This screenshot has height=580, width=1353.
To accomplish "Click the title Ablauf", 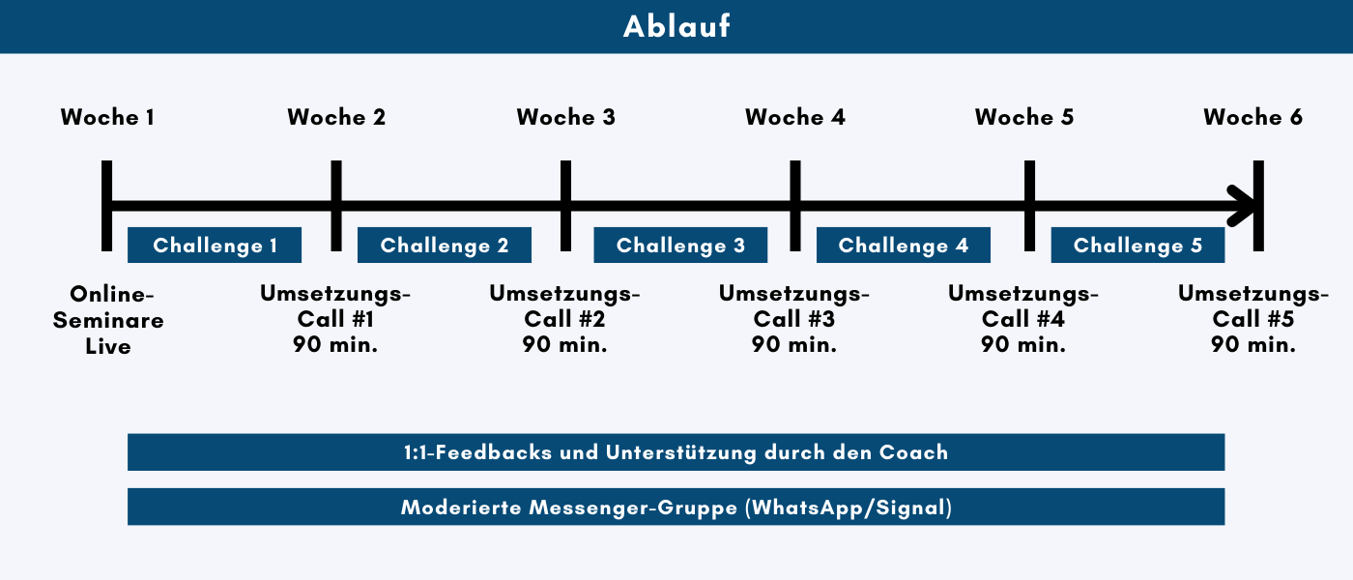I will pos(676,26).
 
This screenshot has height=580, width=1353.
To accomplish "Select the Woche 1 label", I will pos(107,118).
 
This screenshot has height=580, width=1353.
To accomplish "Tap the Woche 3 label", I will pos(565,118).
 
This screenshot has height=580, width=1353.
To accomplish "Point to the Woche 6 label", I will pos(1252,118).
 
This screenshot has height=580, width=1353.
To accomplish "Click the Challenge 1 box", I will pos(215,246).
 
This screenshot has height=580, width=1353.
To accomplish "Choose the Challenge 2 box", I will pos(445,246).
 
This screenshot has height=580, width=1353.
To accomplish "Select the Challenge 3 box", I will pos(680,246).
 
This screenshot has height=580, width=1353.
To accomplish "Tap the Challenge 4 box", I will pos(904,246).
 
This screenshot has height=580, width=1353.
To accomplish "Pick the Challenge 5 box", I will pos(1137,246).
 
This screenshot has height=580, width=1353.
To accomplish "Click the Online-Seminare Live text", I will pos(107,320).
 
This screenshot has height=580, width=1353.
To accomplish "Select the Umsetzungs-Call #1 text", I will pos(335,320).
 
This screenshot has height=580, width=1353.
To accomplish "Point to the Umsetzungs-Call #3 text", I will pos(794,320).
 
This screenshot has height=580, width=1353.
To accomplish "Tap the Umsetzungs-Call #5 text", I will pos(1252,320).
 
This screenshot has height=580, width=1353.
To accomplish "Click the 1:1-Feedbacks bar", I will pos(676,452).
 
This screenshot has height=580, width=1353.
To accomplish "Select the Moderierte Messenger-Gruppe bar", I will pos(676,507).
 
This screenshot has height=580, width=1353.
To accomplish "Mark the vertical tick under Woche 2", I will pos(336,205).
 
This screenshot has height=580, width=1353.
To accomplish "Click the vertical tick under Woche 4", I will pos(795,205).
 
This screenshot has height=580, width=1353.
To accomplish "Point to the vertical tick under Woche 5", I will pos(1029,205).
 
